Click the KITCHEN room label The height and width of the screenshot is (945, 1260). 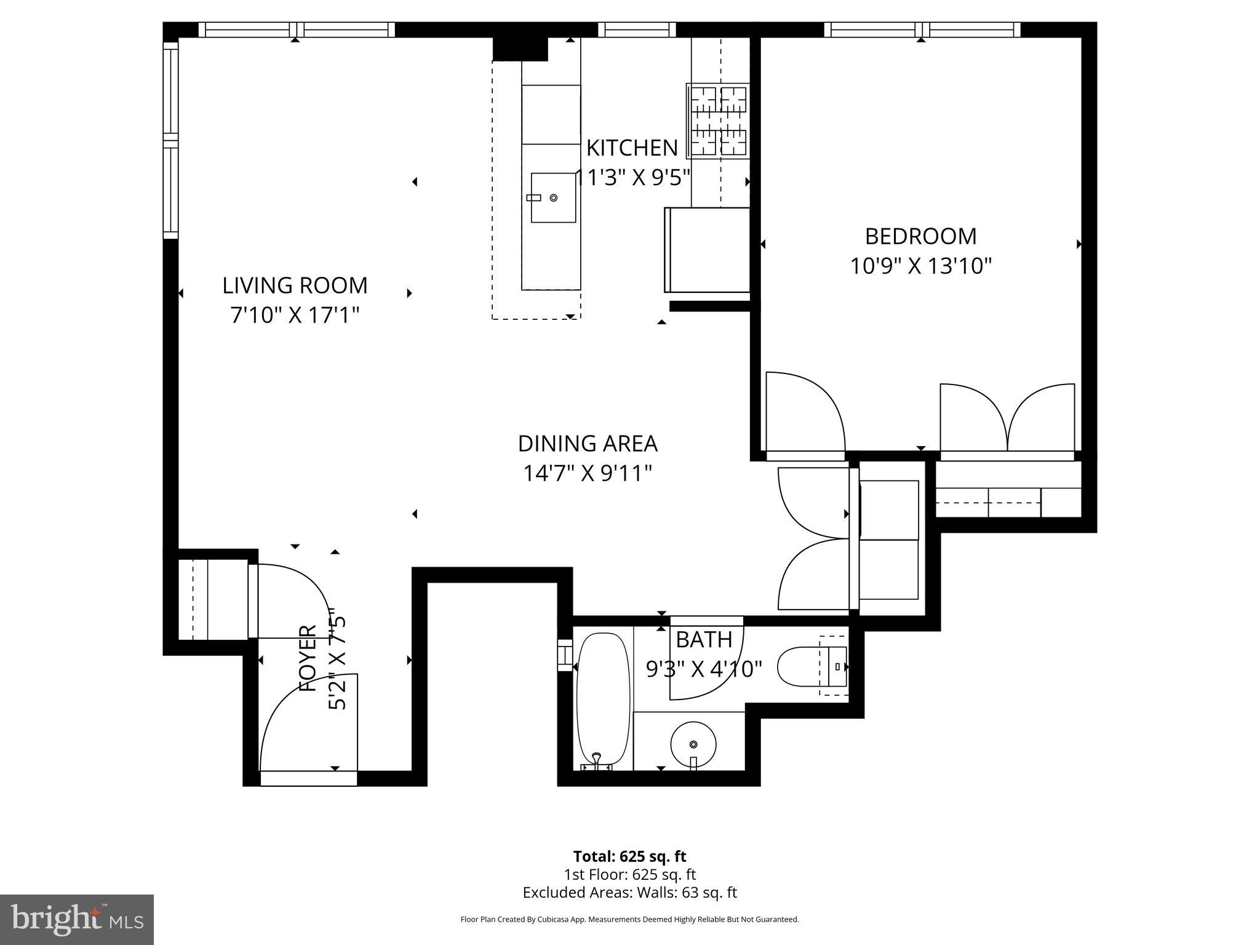coord(632,148)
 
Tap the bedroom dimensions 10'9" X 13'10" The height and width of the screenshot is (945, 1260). coord(920,266)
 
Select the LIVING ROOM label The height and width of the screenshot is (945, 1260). coord(295,285)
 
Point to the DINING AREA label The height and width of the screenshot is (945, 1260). coord(588,444)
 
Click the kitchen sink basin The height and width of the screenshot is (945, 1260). coord(552,197)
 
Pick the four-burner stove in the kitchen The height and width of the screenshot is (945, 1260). coord(718,121)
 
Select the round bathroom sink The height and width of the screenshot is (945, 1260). coord(693,744)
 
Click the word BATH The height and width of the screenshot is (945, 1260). coord(704,640)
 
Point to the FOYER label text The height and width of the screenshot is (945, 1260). coord(308,658)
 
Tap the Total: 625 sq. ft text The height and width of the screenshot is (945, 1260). coord(629,856)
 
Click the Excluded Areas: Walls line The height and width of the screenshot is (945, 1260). coord(629,893)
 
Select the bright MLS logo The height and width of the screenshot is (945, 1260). coord(77,919)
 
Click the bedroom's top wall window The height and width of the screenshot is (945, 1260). coord(922,30)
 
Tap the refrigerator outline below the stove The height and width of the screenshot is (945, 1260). coord(708,250)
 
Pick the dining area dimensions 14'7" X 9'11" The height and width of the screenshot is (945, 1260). coord(588,474)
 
